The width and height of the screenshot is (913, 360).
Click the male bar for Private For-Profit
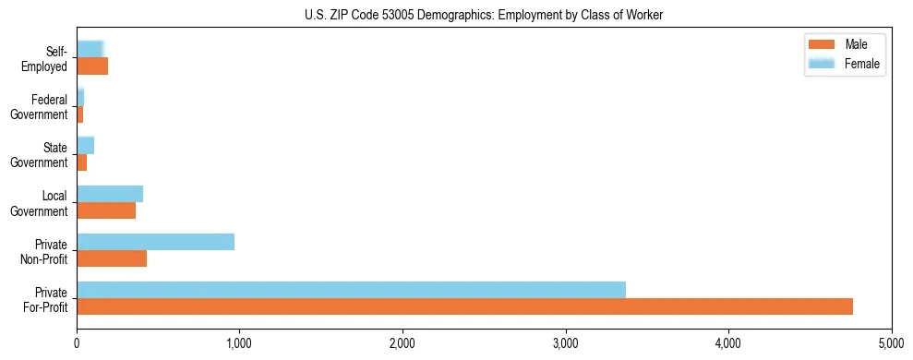464,306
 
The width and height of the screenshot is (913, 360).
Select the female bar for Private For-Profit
351,290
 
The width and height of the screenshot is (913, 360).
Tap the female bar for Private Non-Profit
155,242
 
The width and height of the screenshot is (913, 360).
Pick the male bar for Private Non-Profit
112,259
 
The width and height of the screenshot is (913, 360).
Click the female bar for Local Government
110,194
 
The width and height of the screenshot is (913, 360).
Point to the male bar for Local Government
106,210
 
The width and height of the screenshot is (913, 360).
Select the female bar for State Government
86,145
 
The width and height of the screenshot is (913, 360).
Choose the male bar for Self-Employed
92,66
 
